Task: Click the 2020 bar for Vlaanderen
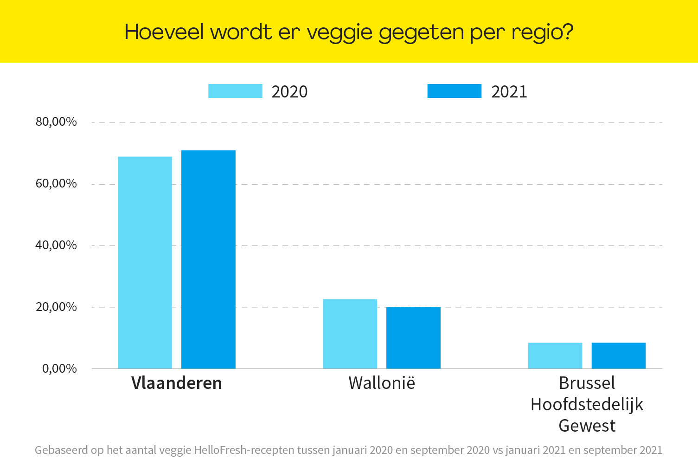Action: [145, 262]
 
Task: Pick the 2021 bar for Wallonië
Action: [413, 337]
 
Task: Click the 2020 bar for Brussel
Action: [555, 356]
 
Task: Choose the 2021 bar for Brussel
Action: [618, 356]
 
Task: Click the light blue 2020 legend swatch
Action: [235, 91]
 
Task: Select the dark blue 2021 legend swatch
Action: [454, 91]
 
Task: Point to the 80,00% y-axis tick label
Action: [56, 122]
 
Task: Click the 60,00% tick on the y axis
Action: [56, 184]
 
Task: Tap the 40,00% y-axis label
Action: [56, 245]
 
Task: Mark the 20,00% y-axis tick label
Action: [56, 307]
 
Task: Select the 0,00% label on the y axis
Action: [59, 369]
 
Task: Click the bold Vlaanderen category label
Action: [177, 383]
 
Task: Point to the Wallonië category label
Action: [382, 383]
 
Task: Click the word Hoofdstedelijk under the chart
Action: [587, 404]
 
